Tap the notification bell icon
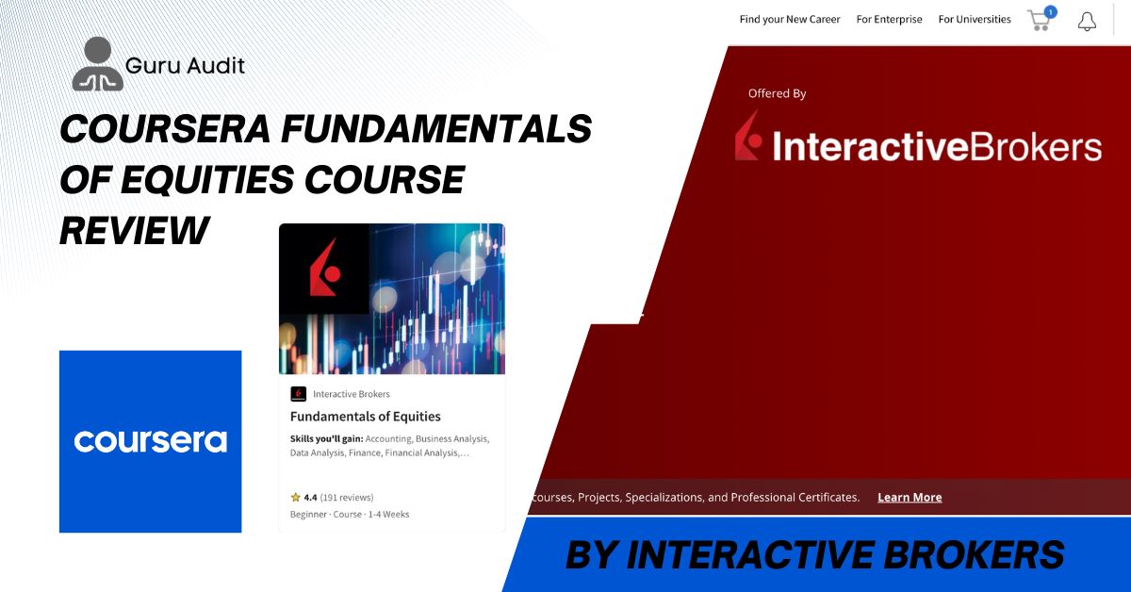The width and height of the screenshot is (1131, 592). pyautogui.click(x=1087, y=22)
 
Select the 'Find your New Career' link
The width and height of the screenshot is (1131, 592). pyautogui.click(x=790, y=19)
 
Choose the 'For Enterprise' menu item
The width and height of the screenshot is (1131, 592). pyautogui.click(x=889, y=19)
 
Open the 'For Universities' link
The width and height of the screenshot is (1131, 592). pyautogui.click(x=975, y=19)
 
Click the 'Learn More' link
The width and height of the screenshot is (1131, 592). pyautogui.click(x=910, y=498)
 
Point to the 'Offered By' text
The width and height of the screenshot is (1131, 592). pyautogui.click(x=777, y=93)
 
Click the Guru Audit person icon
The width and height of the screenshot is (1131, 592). pyautogui.click(x=97, y=64)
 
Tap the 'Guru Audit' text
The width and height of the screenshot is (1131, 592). pyautogui.click(x=185, y=66)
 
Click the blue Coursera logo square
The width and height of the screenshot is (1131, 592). pyautogui.click(x=151, y=441)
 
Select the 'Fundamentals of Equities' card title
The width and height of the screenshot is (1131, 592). pyautogui.click(x=365, y=417)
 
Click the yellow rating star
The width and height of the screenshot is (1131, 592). pyautogui.click(x=295, y=498)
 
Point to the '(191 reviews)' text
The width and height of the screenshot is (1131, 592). pyautogui.click(x=347, y=498)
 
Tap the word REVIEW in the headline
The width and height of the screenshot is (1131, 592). pyautogui.click(x=134, y=230)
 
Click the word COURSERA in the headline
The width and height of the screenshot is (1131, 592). pyautogui.click(x=165, y=128)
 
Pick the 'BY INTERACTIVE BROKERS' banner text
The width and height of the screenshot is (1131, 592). pyautogui.click(x=815, y=554)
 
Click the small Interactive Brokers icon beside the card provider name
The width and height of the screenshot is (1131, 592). pyautogui.click(x=299, y=394)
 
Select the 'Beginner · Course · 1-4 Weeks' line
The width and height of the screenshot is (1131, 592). pyautogui.click(x=350, y=514)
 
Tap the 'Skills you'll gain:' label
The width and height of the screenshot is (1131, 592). pyautogui.click(x=327, y=439)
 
